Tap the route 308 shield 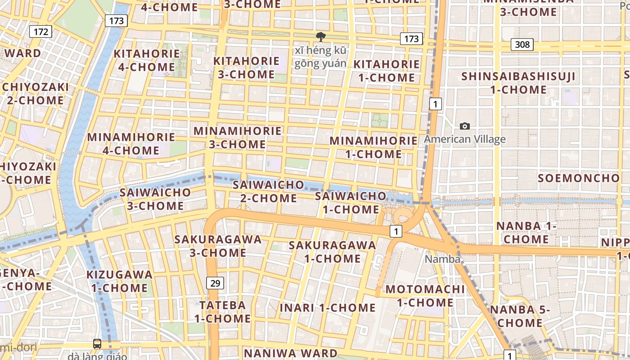coord(522,45)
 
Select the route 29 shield coord(216,283)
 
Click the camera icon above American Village coord(465,126)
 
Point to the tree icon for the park coord(321,36)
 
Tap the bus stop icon coord(97,344)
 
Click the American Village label coord(465,139)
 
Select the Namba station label coord(443,259)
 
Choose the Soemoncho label coord(579,178)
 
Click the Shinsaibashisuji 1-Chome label coord(518,83)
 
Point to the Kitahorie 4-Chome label coord(147,60)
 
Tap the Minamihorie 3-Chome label coord(238,138)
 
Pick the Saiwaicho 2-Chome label coord(269,191)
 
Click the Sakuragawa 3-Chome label coord(218,246)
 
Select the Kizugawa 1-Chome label coord(120,281)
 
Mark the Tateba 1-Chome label coord(223,311)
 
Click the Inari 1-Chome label coord(328,308)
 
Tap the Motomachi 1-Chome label coord(425,295)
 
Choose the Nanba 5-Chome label coord(520,316)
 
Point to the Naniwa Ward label coord(290,353)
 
